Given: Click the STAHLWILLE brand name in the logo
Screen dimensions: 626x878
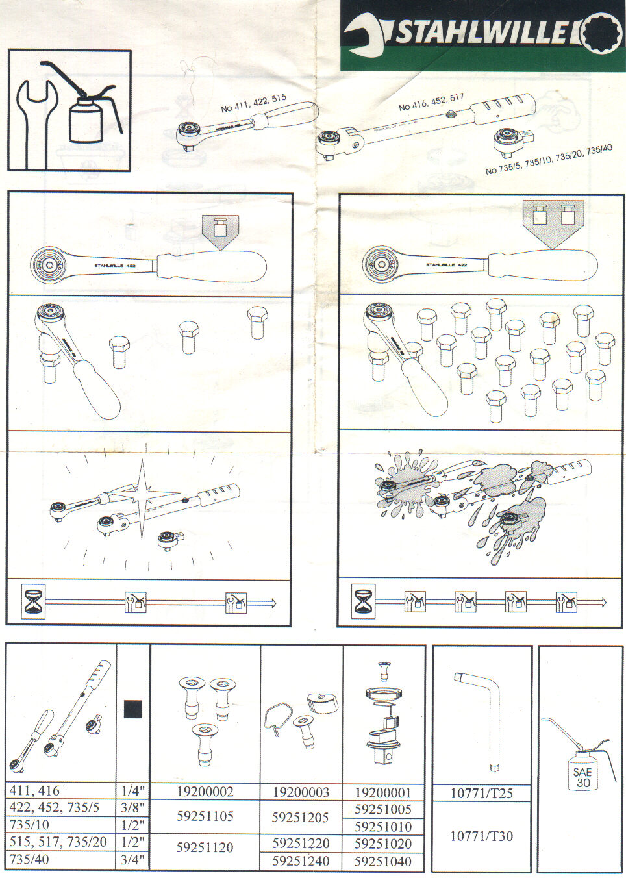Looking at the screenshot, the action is (x=482, y=31).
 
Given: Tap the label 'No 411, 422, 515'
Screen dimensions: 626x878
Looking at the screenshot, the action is (x=253, y=103).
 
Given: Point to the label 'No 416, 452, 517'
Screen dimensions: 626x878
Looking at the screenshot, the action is (x=431, y=101).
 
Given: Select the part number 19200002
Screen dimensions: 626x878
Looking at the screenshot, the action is (x=205, y=792).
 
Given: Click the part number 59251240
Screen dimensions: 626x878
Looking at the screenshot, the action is (x=301, y=861).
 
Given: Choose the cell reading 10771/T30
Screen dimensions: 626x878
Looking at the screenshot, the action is (x=481, y=836).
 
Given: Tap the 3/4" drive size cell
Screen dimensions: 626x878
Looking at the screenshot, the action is (x=133, y=860).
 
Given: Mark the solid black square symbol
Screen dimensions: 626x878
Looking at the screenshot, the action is (x=133, y=709).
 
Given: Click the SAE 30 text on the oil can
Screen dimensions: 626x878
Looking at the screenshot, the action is (x=582, y=777).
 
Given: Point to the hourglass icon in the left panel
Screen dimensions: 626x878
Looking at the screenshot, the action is (x=33, y=601).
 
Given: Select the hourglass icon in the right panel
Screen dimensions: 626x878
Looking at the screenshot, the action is (x=364, y=601).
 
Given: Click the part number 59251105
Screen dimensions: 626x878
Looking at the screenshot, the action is (x=205, y=816).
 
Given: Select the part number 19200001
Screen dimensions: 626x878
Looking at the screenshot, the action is (x=383, y=792).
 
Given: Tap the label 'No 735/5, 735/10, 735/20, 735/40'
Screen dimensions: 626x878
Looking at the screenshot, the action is (x=549, y=160).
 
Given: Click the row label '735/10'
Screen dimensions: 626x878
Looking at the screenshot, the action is (x=29, y=825).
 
